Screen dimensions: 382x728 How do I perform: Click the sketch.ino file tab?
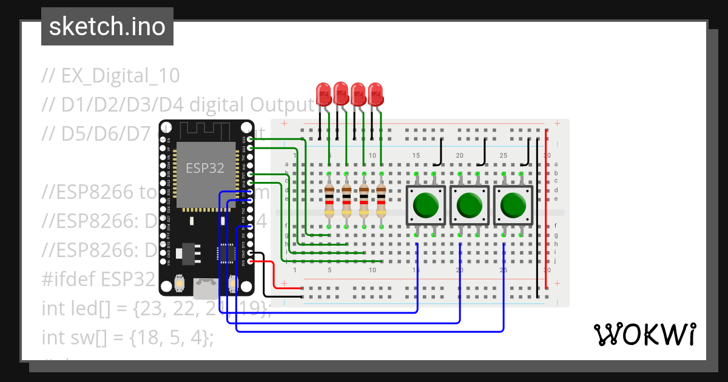click(x=107, y=27)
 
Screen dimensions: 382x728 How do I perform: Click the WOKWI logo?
click(x=644, y=334)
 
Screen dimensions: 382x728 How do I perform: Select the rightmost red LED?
click(x=376, y=95)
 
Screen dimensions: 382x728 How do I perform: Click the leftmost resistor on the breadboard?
click(x=329, y=201)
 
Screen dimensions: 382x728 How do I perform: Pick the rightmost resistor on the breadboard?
click(x=381, y=201)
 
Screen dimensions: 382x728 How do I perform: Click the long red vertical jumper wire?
click(x=546, y=209)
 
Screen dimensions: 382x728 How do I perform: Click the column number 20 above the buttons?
click(x=459, y=156)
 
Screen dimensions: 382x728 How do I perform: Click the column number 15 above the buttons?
click(x=416, y=156)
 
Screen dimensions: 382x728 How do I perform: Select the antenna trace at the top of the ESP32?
click(x=206, y=130)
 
